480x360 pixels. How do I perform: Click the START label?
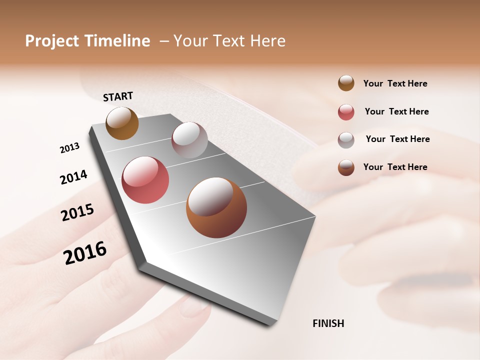click(118, 96)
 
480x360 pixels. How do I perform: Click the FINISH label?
click(328, 323)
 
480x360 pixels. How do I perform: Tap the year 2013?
click(69, 148)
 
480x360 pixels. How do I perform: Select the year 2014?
click(73, 177)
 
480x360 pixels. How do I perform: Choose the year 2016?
click(85, 252)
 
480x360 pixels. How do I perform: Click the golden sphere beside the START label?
click(122, 123)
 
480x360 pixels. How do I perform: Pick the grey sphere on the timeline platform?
click(189, 140)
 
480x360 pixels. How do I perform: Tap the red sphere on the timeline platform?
click(145, 180)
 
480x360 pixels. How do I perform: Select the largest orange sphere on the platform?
click(216, 207)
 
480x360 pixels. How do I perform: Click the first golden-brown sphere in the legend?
click(346, 83)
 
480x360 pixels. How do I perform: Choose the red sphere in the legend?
click(346, 112)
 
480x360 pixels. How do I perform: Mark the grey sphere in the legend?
click(346, 140)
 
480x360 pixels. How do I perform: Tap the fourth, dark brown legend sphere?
click(346, 167)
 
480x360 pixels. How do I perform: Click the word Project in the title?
click(52, 41)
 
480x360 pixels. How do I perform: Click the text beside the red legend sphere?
click(396, 111)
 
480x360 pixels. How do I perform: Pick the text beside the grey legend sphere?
click(397, 139)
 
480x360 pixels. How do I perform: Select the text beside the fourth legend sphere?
click(395, 167)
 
